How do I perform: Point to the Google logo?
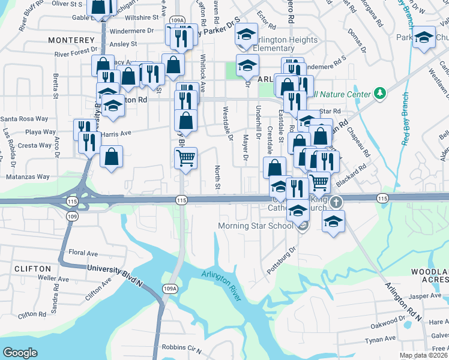pos(20,353)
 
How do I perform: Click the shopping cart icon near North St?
pos(185,158)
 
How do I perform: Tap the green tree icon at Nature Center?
pos(379,93)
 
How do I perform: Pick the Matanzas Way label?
pos(28,177)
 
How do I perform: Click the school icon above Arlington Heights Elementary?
pos(246,33)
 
